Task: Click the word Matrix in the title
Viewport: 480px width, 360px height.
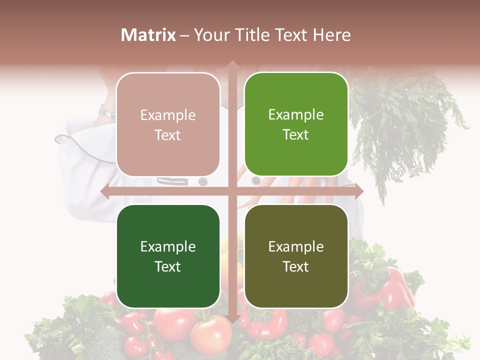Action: point(148,35)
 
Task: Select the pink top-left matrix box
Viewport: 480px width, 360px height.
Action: point(168,124)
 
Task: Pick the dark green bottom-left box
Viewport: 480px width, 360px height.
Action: point(168,256)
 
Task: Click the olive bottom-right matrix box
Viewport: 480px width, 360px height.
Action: point(296,256)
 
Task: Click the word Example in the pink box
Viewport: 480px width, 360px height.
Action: point(168,115)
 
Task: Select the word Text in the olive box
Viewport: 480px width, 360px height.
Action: point(296,266)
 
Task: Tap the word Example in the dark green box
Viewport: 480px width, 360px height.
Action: point(168,247)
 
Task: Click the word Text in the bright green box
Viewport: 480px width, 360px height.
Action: point(296,134)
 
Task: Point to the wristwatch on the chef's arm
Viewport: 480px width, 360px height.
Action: point(106,111)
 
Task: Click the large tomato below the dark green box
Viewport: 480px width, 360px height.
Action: point(210,332)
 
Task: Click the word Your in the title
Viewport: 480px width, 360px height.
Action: point(210,35)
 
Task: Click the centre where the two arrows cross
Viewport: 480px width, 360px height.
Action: point(232,191)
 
